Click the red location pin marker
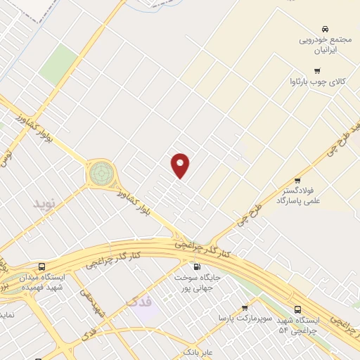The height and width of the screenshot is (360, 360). tap(181, 165)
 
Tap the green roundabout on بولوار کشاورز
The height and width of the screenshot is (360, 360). tap(101, 172)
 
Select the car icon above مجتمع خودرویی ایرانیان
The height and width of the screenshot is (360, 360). tap(324, 29)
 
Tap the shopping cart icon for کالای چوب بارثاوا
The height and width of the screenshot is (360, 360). tap(317, 70)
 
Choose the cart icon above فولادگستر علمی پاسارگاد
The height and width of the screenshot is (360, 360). tap(297, 181)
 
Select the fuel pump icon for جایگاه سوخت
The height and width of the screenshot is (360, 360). tap(195, 266)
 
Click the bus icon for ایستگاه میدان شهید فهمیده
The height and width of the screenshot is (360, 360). tap(41, 266)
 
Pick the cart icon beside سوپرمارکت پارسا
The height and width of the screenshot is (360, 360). tap(245, 308)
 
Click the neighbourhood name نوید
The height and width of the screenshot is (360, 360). tap(44, 203)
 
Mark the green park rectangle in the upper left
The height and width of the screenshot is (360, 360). tap(58, 65)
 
